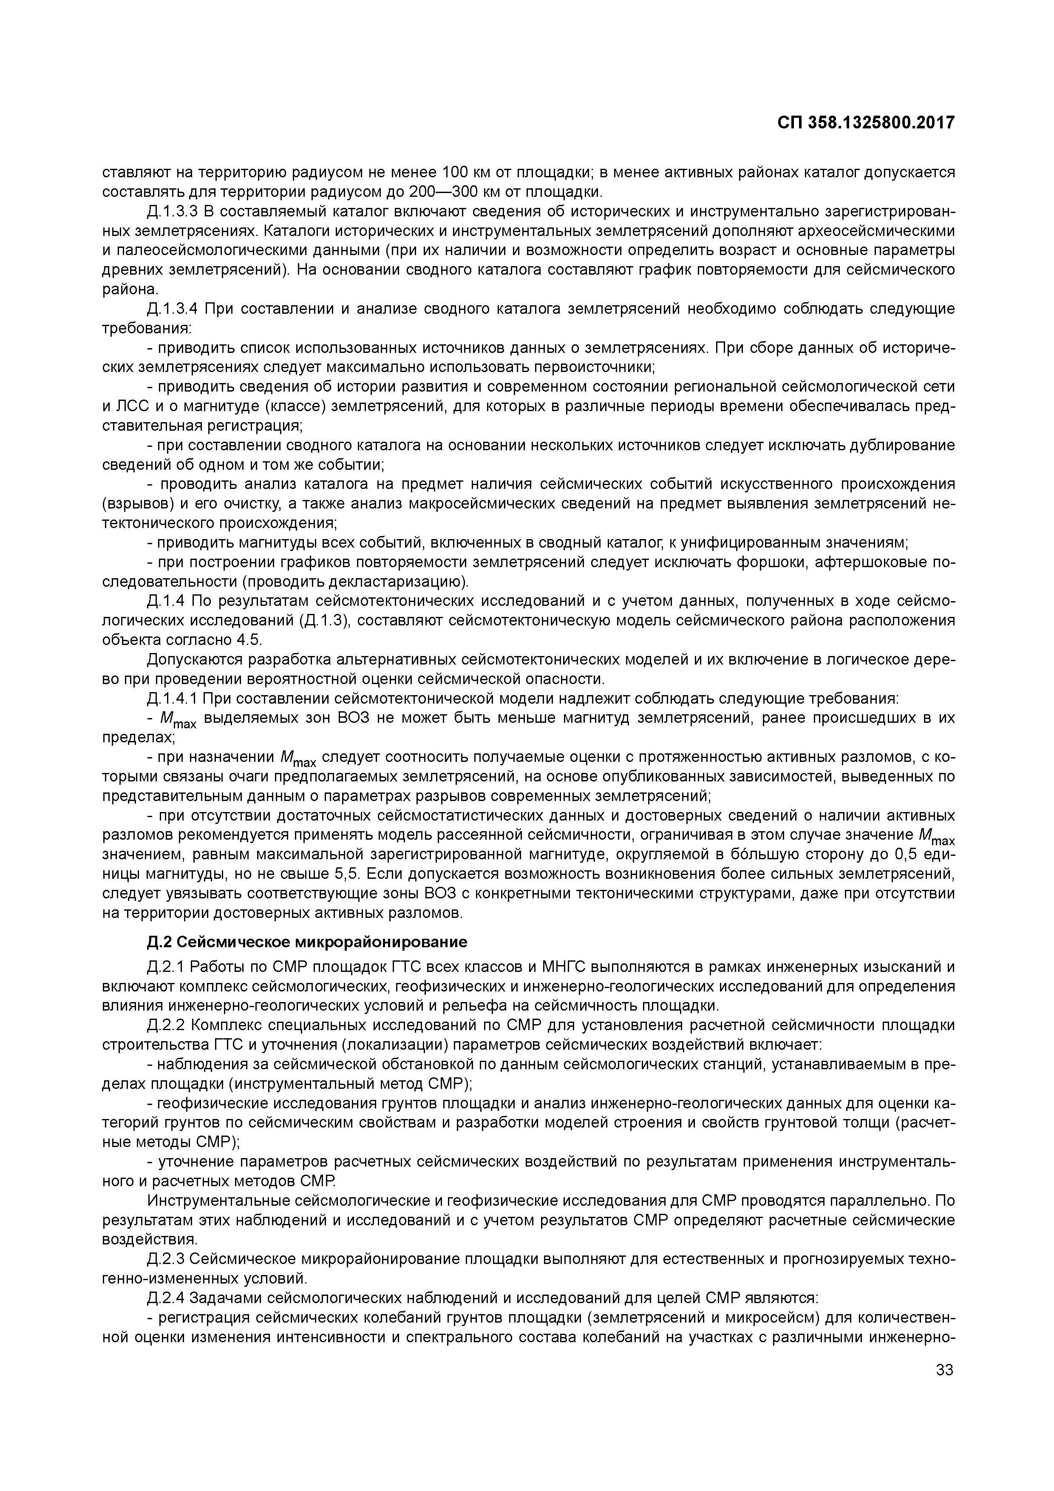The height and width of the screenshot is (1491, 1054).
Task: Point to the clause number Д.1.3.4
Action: [172, 309]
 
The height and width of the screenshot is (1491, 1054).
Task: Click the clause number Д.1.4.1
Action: [172, 699]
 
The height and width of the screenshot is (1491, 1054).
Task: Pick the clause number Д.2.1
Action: [166, 967]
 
